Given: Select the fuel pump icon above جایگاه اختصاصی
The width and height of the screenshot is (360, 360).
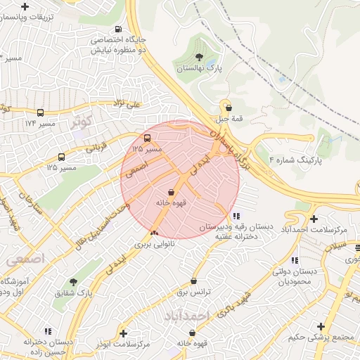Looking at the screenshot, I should pyautogui.click(x=118, y=30).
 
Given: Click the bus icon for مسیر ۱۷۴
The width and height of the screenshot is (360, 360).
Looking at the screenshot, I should pyautogui.click(x=40, y=112).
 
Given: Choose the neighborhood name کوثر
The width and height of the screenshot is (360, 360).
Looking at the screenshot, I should pyautogui.click(x=82, y=121).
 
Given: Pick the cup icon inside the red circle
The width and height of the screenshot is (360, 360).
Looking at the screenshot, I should pyautogui.click(x=172, y=191).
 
